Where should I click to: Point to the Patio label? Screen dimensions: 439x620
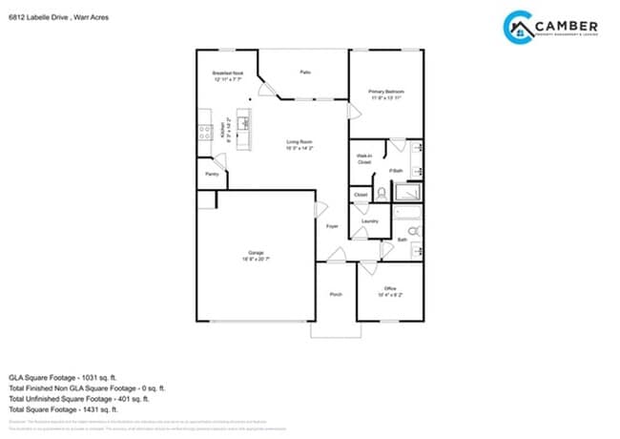point(305,72)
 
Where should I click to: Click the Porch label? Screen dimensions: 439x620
point(336,294)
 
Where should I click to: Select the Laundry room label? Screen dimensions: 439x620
point(370,220)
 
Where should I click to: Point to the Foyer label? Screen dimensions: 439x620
point(332,226)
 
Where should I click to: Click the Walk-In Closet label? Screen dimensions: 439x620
point(363,159)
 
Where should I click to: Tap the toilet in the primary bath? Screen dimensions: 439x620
point(382,192)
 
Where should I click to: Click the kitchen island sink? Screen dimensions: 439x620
point(244,122)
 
